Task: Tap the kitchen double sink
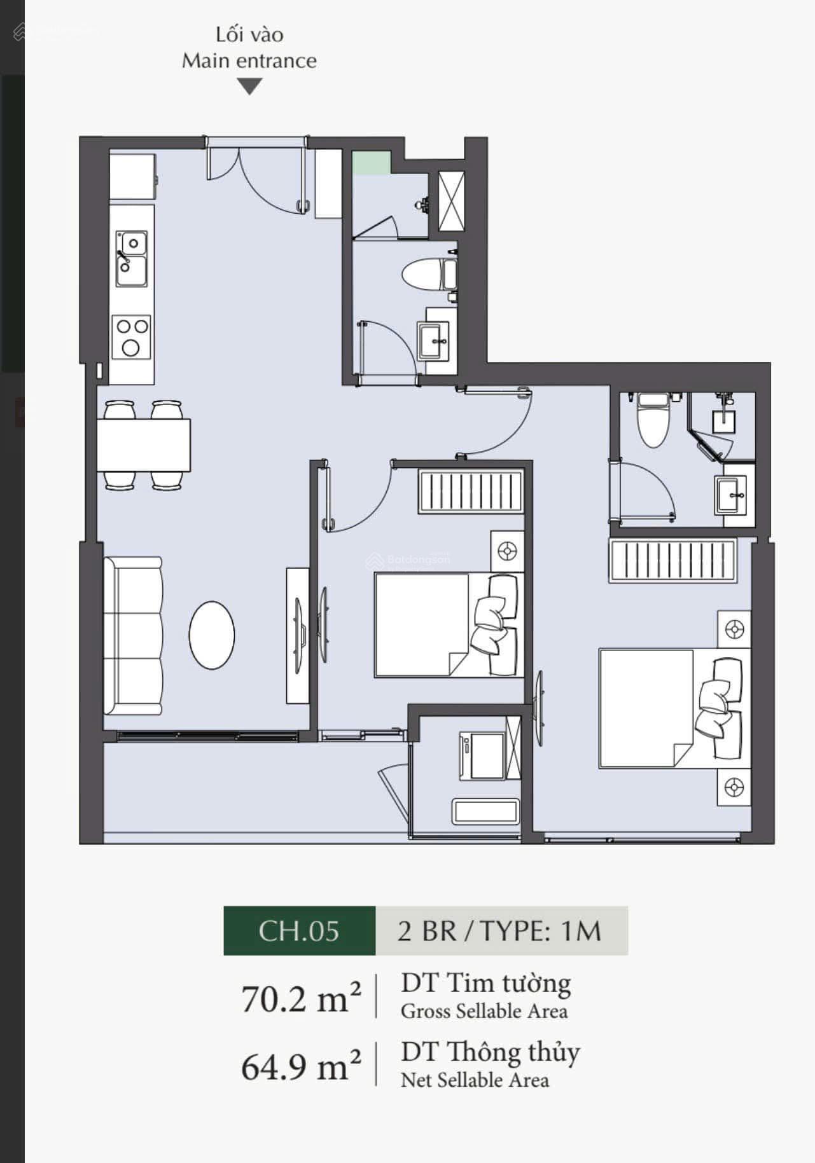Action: pos(132,258)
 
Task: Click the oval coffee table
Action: pos(212,635)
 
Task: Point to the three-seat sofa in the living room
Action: pos(133,636)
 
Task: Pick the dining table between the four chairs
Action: pos(144,444)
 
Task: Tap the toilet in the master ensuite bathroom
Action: pos(654,418)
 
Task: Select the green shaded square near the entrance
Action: pos(372,163)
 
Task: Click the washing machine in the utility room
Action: pos(482,756)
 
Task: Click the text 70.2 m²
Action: pos(301,998)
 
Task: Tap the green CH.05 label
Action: pos(300,931)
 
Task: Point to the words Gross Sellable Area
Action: pos(484,1012)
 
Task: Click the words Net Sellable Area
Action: pos(475,1080)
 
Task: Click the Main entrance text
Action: pos(249,61)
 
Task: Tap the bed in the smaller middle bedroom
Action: pos(449,624)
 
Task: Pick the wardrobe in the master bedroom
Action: pos(672,560)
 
